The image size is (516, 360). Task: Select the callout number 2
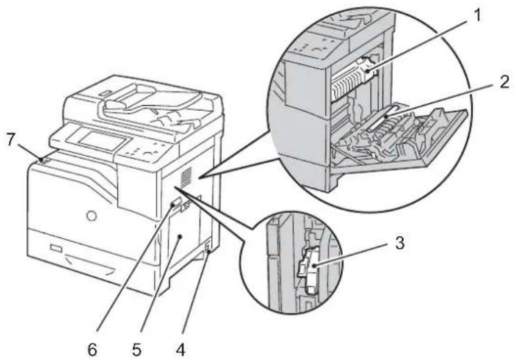pos(504,81)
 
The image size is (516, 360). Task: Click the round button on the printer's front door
pos(91,217)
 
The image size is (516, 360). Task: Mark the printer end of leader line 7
pos(44,160)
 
